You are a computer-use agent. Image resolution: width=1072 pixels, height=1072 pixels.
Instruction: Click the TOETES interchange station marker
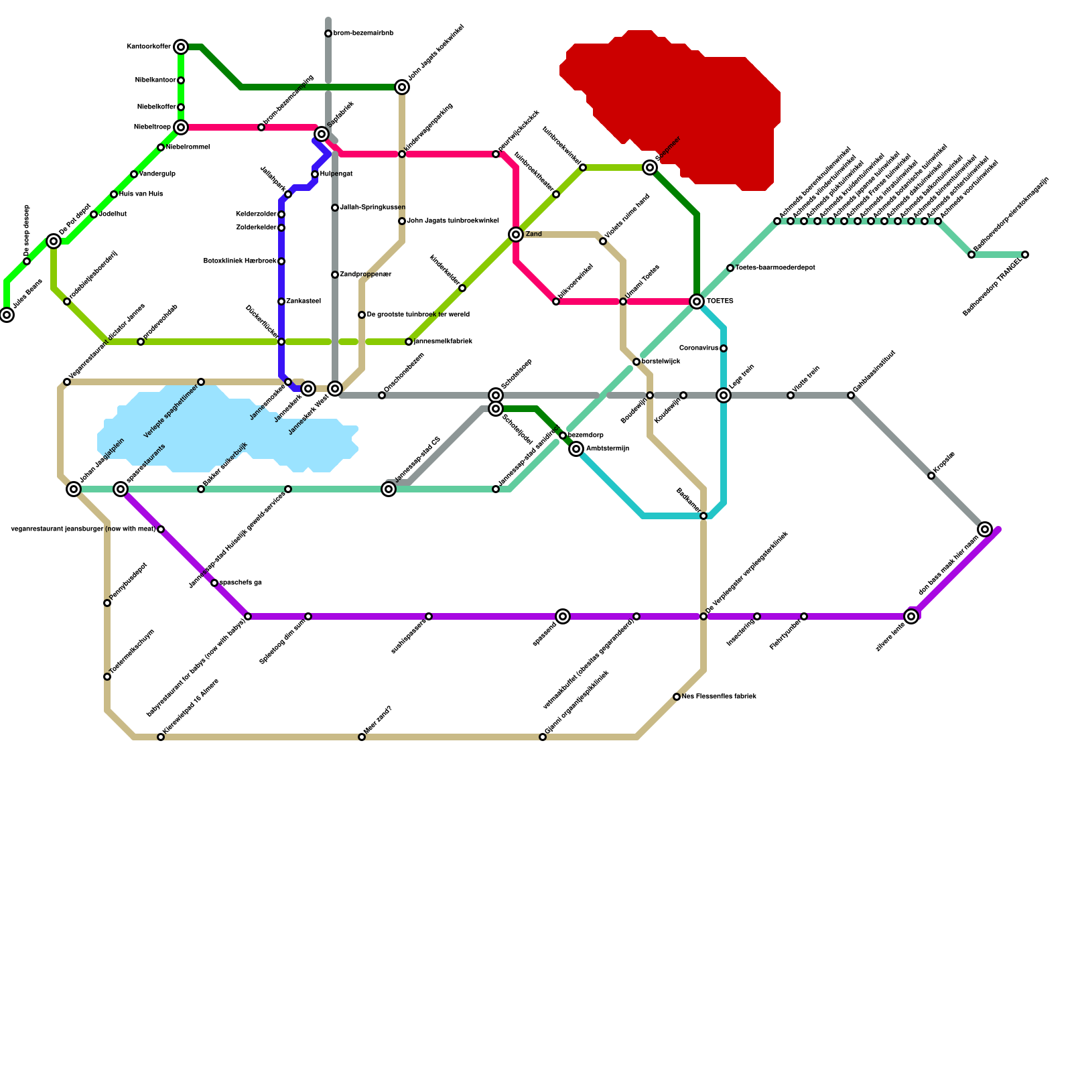point(697,301)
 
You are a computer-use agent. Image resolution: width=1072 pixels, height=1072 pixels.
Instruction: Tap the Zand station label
point(534,234)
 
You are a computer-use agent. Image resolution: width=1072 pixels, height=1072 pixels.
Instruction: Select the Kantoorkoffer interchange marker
point(181,47)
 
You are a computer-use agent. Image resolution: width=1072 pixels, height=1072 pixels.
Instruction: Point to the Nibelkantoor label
point(155,80)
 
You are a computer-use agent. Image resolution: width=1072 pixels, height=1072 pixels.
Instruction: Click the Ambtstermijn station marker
point(576,449)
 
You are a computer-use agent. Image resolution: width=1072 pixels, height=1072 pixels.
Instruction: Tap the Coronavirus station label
point(699,348)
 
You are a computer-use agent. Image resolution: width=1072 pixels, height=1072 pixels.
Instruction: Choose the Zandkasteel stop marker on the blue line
point(281,301)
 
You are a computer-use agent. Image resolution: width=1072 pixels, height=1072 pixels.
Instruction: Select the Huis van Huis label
point(141,194)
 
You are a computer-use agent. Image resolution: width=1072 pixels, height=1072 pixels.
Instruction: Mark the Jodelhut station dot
point(94,214)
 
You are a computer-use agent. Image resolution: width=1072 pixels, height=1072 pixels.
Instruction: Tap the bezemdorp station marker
point(563,435)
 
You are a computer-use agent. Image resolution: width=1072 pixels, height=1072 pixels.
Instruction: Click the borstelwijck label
point(661,362)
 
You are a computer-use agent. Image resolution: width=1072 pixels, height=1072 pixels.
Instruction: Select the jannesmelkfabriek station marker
point(409,342)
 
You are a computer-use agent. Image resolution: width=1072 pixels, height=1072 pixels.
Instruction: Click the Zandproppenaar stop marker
point(335,275)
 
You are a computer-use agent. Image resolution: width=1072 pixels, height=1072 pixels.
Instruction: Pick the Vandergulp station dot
point(134,174)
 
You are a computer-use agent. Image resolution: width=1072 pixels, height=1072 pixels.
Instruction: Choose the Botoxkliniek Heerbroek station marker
point(281,261)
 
